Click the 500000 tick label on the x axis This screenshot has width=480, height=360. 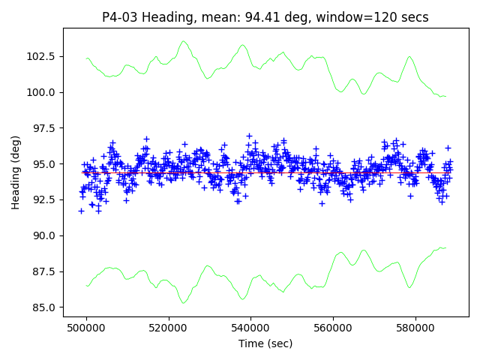point(86,328)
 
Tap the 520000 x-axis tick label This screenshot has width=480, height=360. point(169,328)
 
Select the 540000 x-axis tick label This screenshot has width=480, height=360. point(251,328)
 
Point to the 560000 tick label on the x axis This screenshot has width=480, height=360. point(333,328)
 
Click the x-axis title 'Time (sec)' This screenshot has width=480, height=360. point(265,343)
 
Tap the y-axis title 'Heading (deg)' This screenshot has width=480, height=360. point(16,172)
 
